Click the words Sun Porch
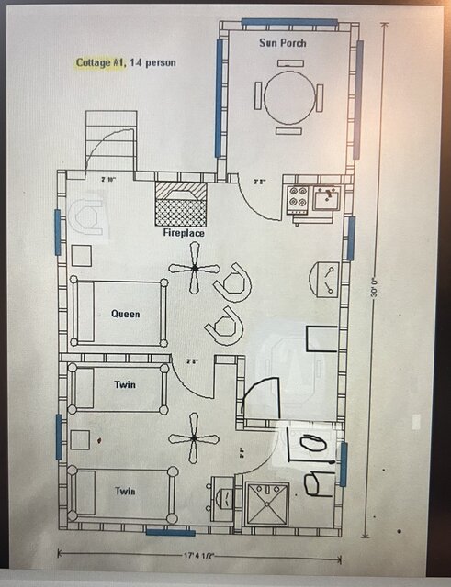coord(283,43)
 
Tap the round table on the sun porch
coord(288,92)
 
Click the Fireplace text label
coord(184,233)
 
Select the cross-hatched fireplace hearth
coord(180,203)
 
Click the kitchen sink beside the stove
coord(325,197)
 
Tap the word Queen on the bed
coord(126,314)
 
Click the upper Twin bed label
coord(126,384)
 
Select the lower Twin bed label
coord(126,491)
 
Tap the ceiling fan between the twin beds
coord(196,438)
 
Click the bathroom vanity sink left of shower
coord(222,501)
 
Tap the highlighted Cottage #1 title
coord(101,62)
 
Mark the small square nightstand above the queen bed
coord(83,256)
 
